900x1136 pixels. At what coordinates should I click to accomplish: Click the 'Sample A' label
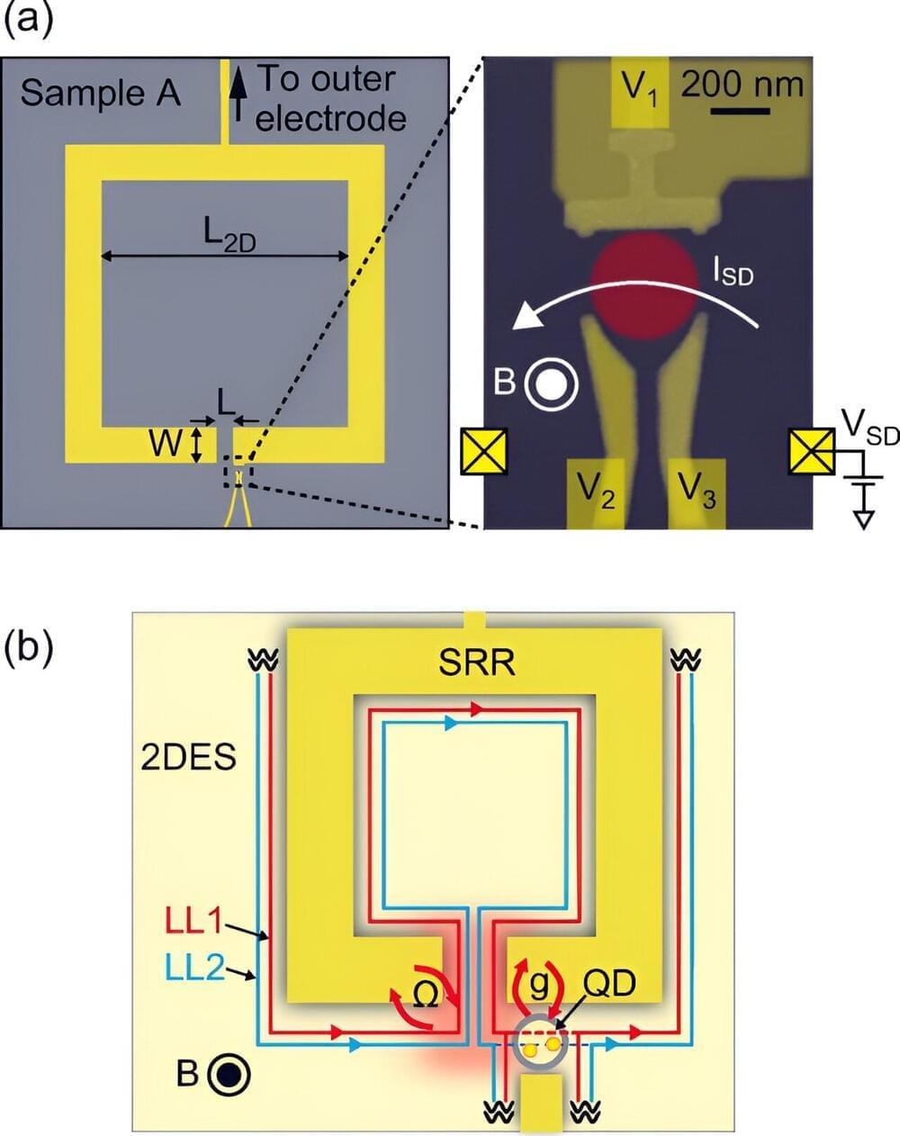coord(100,93)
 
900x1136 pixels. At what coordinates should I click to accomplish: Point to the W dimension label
coord(166,444)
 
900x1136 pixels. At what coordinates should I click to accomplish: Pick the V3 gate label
coord(697,491)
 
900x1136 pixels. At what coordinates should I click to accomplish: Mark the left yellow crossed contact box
coord(483,451)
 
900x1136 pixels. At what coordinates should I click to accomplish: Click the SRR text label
coord(477,663)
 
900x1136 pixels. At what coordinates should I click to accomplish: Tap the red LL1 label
coord(193,923)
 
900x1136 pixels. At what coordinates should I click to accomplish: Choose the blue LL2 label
coord(193,968)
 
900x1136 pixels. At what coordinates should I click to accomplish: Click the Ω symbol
coord(427,993)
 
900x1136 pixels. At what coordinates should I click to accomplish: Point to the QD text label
coord(609,985)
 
